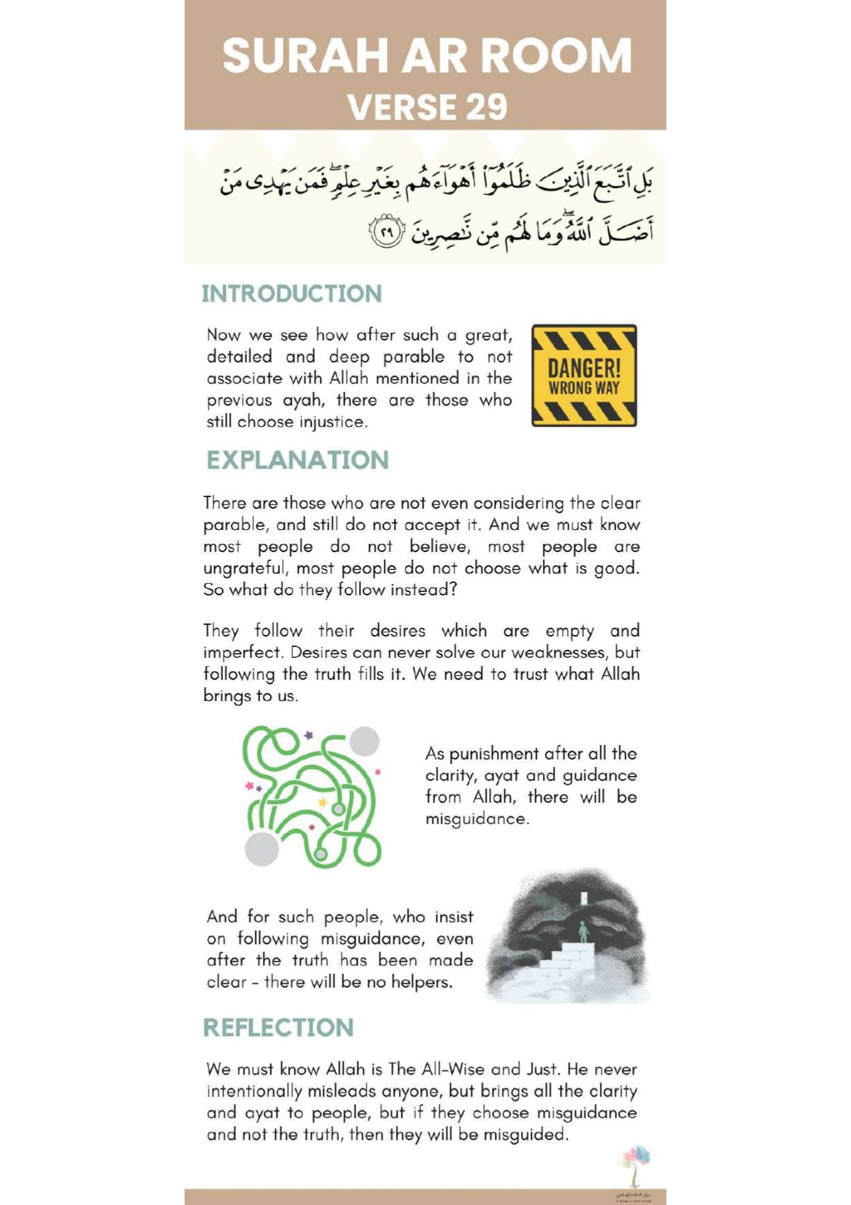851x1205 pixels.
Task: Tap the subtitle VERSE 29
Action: point(427,107)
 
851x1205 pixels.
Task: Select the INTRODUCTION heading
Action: point(292,294)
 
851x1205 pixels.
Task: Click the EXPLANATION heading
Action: point(298,460)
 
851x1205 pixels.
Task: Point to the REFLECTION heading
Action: point(278,1028)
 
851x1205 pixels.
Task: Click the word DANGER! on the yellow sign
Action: point(584,367)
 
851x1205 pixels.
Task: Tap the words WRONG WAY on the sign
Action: point(584,388)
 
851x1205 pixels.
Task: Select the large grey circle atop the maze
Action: point(364,742)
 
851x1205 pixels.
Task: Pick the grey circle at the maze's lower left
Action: point(261,849)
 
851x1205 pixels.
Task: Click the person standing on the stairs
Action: point(583,932)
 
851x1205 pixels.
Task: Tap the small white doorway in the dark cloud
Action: point(584,897)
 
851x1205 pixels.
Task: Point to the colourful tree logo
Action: point(634,1162)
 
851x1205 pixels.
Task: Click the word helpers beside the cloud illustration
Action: point(421,982)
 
